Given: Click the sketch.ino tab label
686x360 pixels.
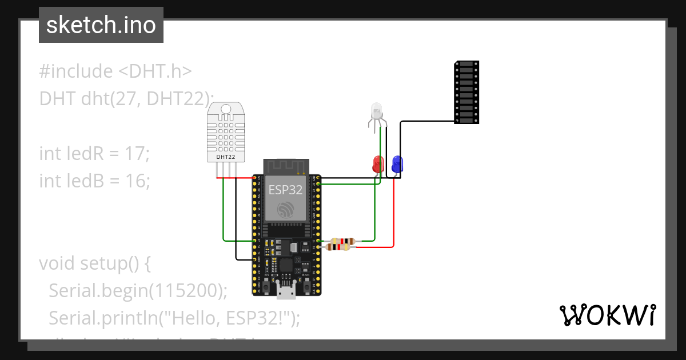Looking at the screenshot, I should pos(101,25).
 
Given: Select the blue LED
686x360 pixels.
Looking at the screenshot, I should pos(397,165).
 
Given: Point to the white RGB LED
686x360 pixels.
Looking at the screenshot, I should pos(376,112).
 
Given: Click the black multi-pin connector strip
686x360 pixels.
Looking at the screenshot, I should pos(466,92).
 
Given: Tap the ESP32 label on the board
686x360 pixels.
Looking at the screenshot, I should pos(285,190).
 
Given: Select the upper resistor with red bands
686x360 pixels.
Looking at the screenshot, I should pos(341,241).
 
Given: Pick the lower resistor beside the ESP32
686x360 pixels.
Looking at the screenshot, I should pos(338,247).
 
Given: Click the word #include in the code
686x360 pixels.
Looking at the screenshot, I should pos(76,71).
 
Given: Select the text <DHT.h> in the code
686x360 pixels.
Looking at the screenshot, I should pos(155,71).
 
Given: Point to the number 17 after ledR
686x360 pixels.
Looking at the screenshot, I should pos(138,154).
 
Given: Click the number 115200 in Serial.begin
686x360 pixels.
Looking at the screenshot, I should pos(185,290).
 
